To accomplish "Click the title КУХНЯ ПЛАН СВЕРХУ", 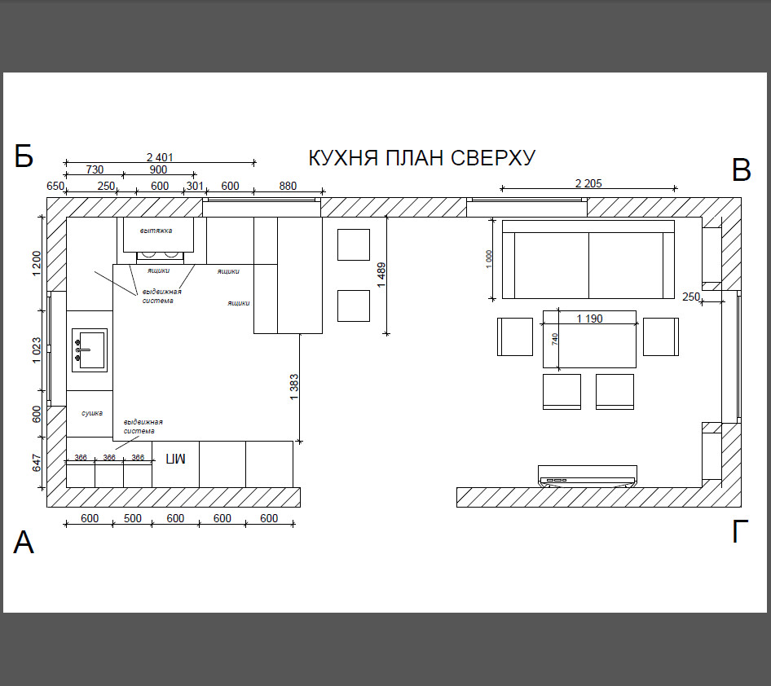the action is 421,158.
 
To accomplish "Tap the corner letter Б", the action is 24,156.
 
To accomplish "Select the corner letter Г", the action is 740,531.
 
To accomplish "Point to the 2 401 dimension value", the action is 160,157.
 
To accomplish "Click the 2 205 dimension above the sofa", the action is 588,183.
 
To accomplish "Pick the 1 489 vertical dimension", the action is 381,275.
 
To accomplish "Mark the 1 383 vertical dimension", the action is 294,387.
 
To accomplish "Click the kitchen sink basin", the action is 90,350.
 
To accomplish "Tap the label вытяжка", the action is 156,231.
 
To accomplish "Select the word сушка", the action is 92,413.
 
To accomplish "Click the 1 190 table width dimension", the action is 589,319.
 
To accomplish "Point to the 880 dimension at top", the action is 288,186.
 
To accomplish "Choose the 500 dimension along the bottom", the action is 132,518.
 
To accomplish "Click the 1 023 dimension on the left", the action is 37,350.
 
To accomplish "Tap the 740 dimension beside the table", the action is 555,339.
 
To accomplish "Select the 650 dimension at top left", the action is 55,186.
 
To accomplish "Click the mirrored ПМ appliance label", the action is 175,459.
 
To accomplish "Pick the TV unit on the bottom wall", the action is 588,476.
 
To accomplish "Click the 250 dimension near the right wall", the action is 691,297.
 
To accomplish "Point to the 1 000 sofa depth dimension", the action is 488,259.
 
